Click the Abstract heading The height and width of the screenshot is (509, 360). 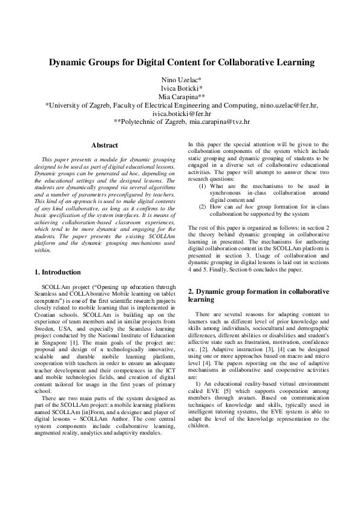(104, 145)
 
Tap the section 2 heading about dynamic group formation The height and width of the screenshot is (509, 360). (258, 295)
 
